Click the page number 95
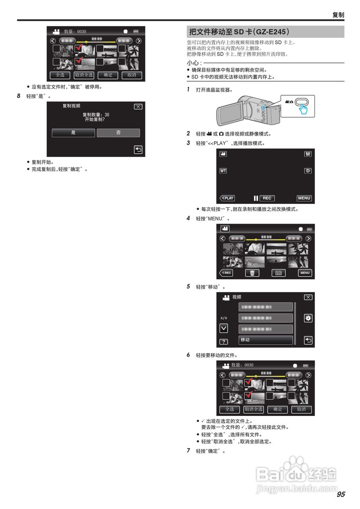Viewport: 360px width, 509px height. (x=341, y=494)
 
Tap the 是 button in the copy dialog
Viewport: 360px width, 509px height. (x=73, y=133)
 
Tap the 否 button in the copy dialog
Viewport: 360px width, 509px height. (x=119, y=133)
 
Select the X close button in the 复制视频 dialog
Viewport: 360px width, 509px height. (x=138, y=107)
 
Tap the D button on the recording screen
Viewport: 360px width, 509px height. (x=307, y=171)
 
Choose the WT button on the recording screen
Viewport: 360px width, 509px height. (x=223, y=171)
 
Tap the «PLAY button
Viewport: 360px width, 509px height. (x=227, y=198)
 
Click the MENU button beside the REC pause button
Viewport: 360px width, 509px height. (x=304, y=198)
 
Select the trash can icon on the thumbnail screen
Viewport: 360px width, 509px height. (x=252, y=273)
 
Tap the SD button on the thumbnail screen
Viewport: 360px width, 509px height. (x=278, y=273)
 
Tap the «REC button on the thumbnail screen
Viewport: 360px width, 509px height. (x=226, y=273)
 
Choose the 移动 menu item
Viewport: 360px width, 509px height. (x=265, y=340)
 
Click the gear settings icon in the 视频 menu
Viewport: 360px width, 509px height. (x=308, y=318)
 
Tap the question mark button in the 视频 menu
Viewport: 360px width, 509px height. (x=224, y=342)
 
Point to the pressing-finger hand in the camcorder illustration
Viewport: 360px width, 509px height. (x=304, y=109)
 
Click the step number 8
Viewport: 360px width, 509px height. (x=19, y=96)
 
